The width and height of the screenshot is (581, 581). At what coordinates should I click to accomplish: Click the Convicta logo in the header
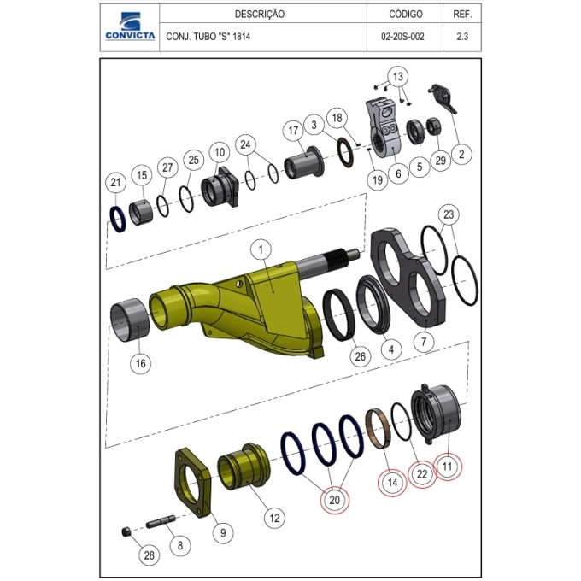[130, 26]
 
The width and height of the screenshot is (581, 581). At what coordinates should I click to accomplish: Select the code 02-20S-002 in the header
[402, 37]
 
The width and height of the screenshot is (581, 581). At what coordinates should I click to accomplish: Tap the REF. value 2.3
[462, 37]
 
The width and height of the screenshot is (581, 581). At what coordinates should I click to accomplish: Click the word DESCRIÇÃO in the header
[260, 14]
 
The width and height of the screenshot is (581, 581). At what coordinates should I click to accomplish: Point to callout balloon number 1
[261, 249]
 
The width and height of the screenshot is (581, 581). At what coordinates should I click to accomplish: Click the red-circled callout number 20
[334, 500]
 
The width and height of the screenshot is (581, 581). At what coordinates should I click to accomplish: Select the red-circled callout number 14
[392, 483]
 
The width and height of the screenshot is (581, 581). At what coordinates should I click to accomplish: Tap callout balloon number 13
[397, 77]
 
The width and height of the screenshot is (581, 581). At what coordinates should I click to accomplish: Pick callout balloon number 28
[149, 555]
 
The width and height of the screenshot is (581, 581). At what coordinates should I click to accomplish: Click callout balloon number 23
[449, 214]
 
